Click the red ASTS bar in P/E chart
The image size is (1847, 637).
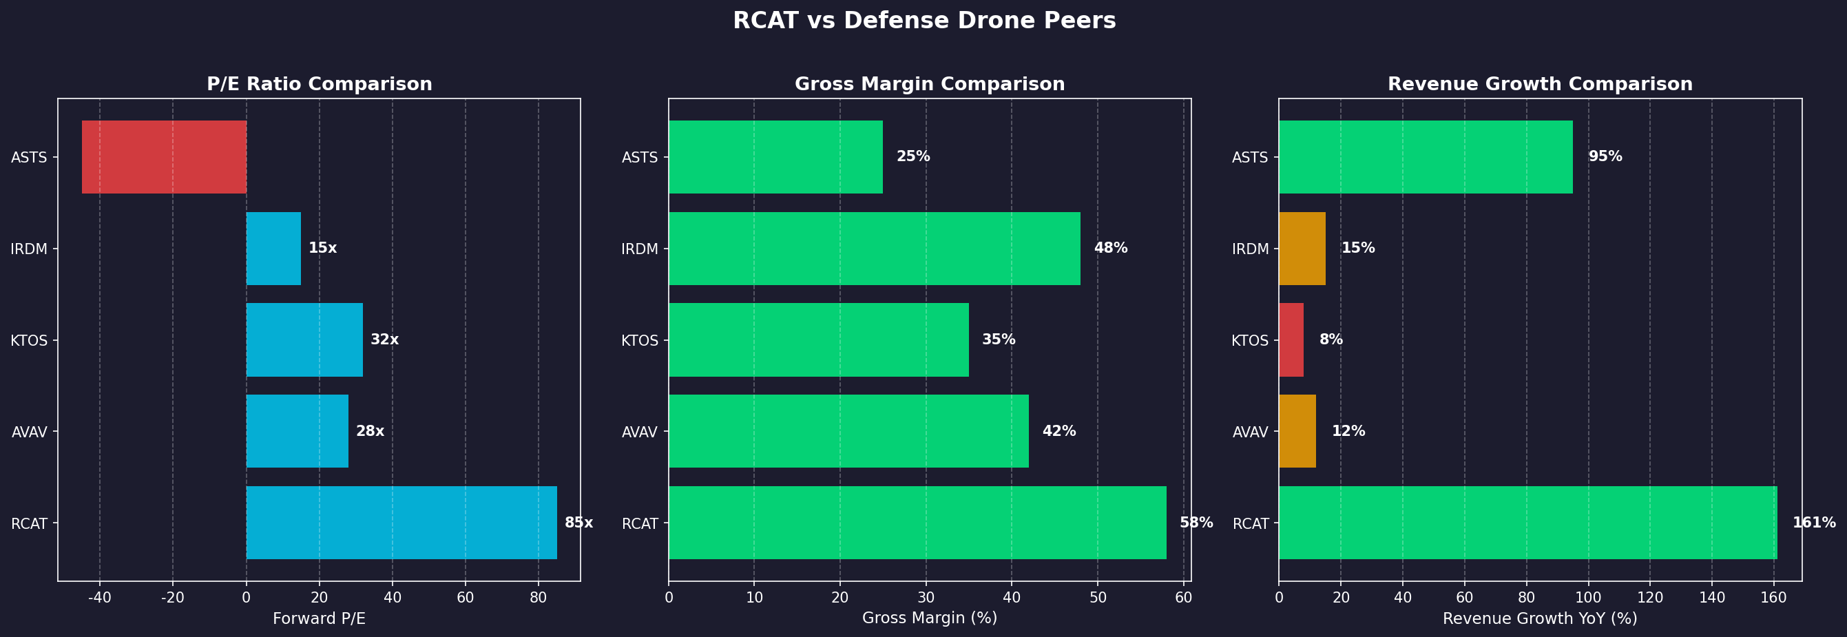(x=164, y=156)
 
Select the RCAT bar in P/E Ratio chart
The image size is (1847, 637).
(x=401, y=522)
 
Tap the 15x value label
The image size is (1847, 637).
(x=323, y=248)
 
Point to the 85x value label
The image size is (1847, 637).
(x=578, y=523)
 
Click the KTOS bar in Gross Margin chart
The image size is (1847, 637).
(x=818, y=340)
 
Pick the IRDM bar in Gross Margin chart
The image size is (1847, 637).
(x=874, y=248)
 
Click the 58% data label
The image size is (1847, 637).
(x=1196, y=523)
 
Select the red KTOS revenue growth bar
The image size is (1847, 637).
(x=1291, y=340)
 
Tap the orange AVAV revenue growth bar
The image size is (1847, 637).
(x=1297, y=431)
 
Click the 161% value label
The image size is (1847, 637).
(x=1814, y=523)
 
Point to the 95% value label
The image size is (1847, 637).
(x=1605, y=156)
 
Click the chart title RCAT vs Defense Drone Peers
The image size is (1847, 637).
(x=923, y=21)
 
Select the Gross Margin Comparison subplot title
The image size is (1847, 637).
(x=929, y=84)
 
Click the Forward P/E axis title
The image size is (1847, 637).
(x=319, y=618)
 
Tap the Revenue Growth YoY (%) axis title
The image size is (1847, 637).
(x=1539, y=618)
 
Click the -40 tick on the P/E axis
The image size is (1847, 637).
(x=100, y=598)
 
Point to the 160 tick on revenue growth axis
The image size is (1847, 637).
(x=1774, y=598)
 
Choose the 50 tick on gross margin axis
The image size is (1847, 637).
(x=1097, y=598)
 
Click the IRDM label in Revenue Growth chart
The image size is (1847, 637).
(x=1251, y=249)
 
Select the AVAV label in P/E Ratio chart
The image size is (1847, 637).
(x=30, y=432)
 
